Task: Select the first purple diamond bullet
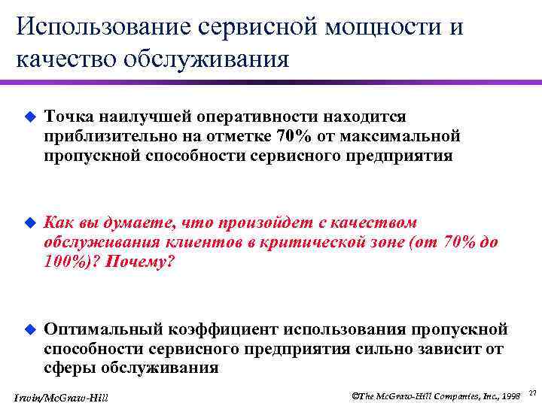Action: pyautogui.click(x=29, y=117)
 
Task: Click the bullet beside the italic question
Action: pyautogui.click(x=29, y=223)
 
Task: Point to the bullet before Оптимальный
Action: pyautogui.click(x=29, y=329)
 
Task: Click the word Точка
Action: pyautogui.click(x=67, y=117)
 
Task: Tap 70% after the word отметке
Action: pyautogui.click(x=292, y=136)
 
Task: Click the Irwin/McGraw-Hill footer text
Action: pyautogui.click(x=61, y=396)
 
